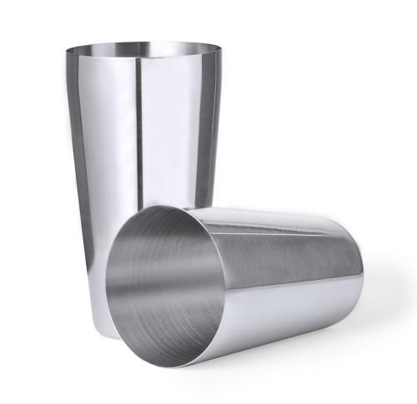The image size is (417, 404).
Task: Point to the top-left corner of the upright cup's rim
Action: coord(67,52)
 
